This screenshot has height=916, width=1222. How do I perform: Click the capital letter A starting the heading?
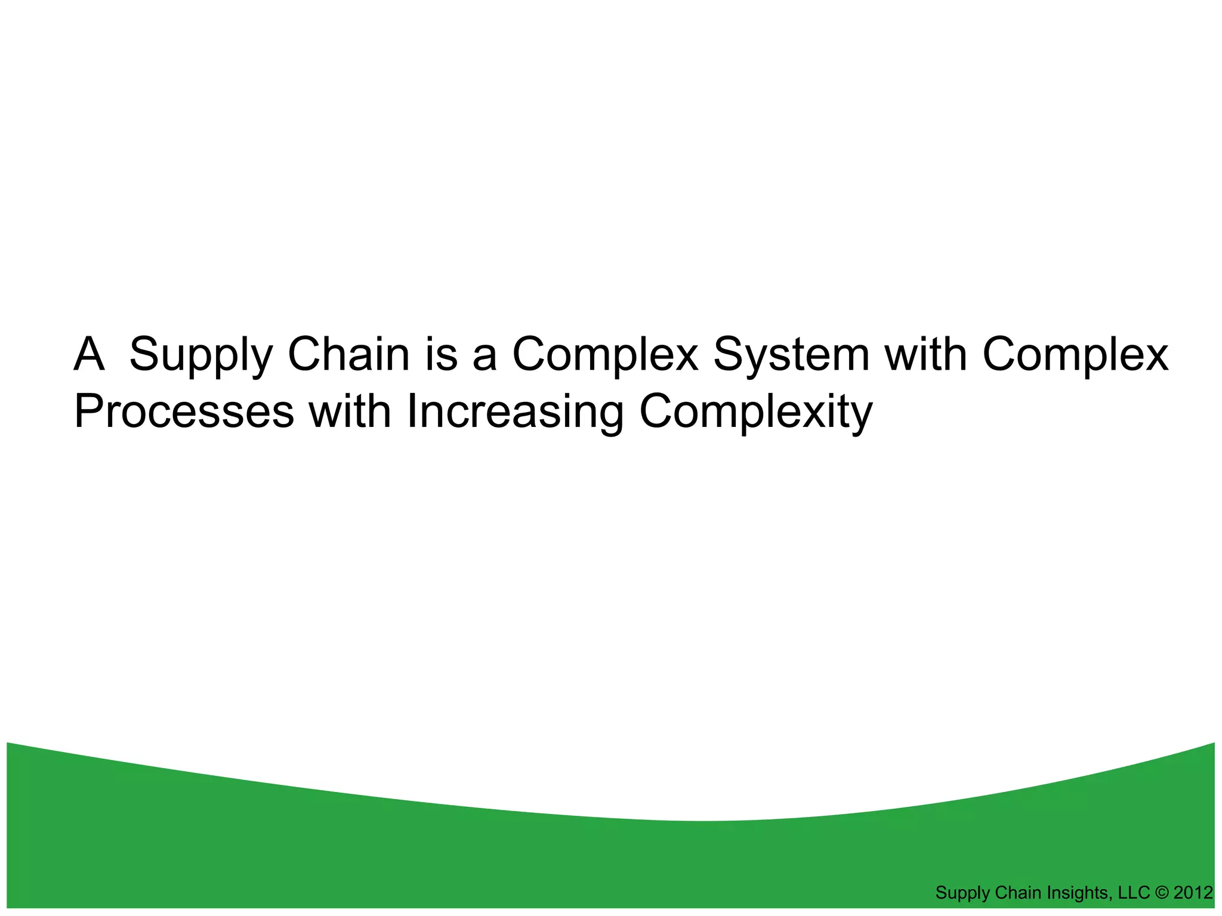click(x=90, y=354)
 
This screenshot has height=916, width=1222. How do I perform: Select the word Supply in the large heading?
click(x=200, y=356)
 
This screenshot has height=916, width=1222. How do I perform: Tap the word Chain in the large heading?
click(x=348, y=354)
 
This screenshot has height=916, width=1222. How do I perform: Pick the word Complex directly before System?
click(x=605, y=356)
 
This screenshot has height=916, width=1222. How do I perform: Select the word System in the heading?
click(x=791, y=356)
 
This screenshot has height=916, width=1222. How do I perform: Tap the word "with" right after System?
click(x=925, y=354)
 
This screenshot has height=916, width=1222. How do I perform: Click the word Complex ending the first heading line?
click(x=1075, y=356)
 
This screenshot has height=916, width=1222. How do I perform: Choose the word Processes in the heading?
click(x=184, y=413)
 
